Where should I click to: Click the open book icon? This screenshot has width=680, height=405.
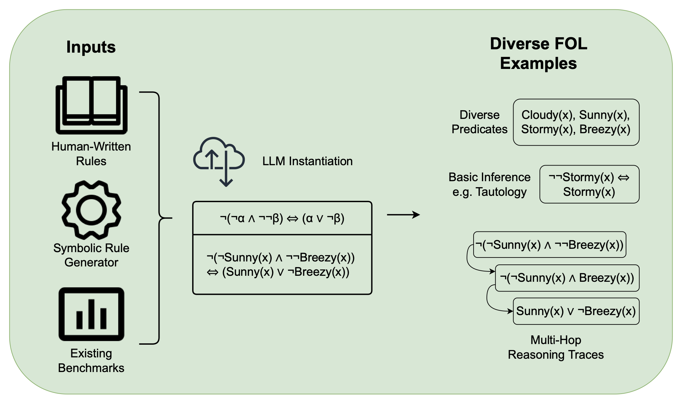point(91,105)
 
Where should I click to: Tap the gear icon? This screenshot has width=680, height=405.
point(91,210)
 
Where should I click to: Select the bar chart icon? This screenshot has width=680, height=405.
point(91,314)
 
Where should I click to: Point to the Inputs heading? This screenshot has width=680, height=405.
point(91,47)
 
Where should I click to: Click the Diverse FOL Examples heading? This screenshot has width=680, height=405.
point(538,53)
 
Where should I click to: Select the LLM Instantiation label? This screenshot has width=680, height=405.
point(307,161)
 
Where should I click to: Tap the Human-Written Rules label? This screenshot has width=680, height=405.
point(91,154)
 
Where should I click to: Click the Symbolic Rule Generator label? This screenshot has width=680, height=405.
point(91,255)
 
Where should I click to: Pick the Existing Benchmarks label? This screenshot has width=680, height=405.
point(91,360)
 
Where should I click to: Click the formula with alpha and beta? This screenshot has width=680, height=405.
point(282,218)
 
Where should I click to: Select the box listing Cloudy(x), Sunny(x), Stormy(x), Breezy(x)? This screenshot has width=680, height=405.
point(576,122)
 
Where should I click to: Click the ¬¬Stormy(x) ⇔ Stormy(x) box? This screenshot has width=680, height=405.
point(589,184)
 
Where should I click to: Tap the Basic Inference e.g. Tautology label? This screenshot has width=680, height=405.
point(489,184)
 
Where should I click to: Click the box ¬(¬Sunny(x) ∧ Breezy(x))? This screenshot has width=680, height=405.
point(567,278)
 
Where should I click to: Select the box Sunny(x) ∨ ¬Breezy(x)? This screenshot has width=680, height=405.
point(576,311)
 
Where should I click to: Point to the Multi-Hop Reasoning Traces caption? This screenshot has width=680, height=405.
point(555,347)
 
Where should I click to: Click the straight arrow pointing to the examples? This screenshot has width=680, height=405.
point(403,215)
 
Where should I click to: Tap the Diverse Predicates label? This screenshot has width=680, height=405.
point(479,122)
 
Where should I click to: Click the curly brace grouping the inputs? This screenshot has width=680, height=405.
point(159,218)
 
